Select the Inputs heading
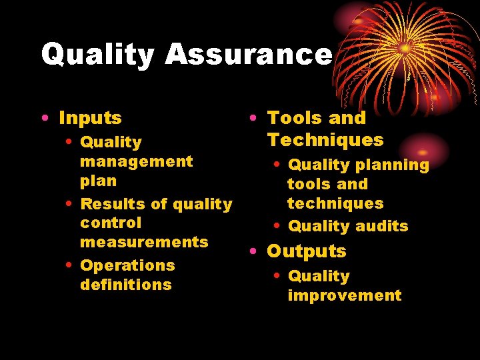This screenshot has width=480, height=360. [x=90, y=118]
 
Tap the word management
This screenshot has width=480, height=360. [x=136, y=161]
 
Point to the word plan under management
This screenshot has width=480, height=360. [x=98, y=181]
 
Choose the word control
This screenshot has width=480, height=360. [x=111, y=223]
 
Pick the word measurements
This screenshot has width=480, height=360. [x=144, y=242]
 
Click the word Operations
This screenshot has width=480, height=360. [x=127, y=265]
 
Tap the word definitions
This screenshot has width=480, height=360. [x=125, y=285]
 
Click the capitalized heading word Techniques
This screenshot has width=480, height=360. [x=325, y=140]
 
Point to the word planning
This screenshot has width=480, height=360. [x=392, y=165]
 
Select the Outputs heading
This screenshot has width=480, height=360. [x=307, y=251]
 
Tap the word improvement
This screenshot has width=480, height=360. [x=344, y=295]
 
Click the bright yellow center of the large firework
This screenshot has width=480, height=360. [x=405, y=48]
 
